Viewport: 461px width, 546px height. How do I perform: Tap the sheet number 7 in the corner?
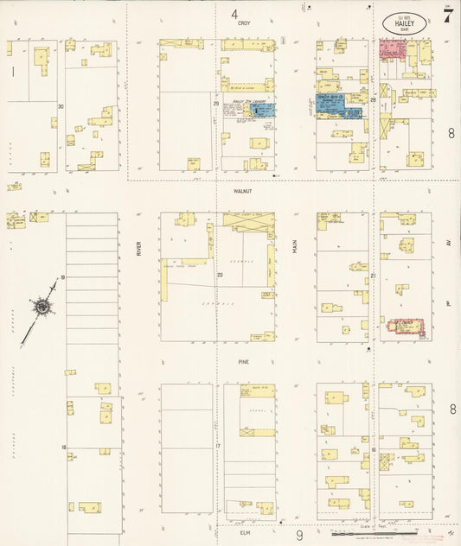pos(447,17)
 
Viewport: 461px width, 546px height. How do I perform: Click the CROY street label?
pos(243,23)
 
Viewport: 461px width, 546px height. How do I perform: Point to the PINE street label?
pos(244,364)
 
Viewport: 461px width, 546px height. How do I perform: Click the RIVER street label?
pos(138,249)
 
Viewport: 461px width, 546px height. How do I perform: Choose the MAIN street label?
pos(295,247)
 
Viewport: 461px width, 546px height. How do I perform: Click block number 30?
pos(61,106)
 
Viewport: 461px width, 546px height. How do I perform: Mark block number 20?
pos(220,276)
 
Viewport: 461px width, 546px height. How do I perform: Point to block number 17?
pos(219,446)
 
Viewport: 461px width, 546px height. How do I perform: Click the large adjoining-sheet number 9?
pos(299,536)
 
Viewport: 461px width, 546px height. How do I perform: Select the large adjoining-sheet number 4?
pos(234,13)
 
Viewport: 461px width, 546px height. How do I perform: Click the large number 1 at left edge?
pos(13,73)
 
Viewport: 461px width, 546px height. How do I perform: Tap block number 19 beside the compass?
pos(62,277)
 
